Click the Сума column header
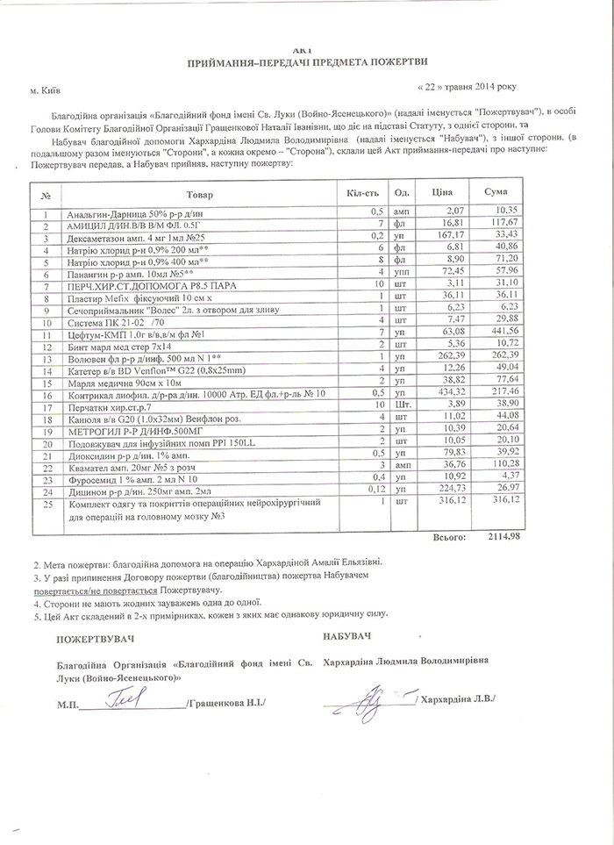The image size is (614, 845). tap(496, 192)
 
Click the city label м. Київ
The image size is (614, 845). tap(46, 90)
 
